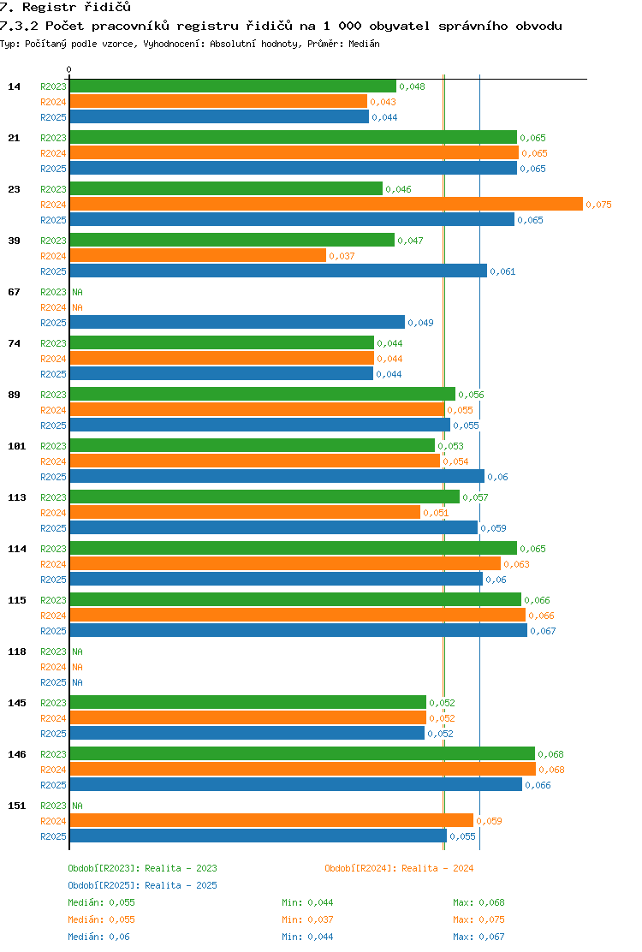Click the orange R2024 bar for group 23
[x=326, y=204]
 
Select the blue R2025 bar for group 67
[x=237, y=322]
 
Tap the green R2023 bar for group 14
[x=233, y=86]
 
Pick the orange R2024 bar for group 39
[x=198, y=256]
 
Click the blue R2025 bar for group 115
[x=299, y=630]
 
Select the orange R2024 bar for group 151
[x=272, y=820]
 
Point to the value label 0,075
[x=598, y=205]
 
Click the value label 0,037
[x=342, y=256]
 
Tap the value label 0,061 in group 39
[x=502, y=271]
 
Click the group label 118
[x=17, y=652]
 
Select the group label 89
[x=14, y=395]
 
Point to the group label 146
[x=17, y=754]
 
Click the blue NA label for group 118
[x=77, y=682]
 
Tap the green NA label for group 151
[x=77, y=806]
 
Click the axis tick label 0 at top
[x=68, y=69]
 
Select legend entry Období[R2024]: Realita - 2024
[x=399, y=868]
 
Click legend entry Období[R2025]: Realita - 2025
[x=143, y=885]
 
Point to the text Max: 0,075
[x=479, y=919]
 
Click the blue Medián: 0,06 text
[x=99, y=937]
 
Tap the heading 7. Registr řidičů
[x=66, y=8]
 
